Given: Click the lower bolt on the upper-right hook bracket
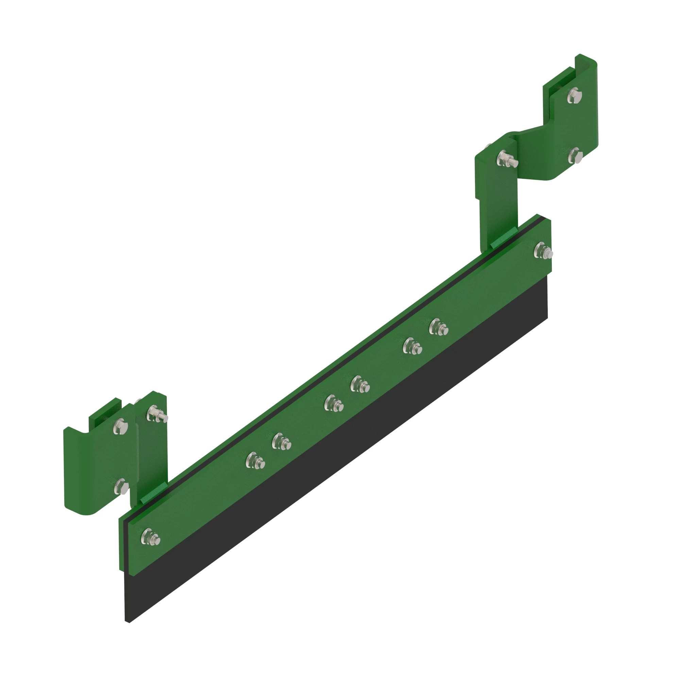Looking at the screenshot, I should (x=575, y=155).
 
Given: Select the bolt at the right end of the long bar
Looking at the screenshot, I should (x=542, y=251).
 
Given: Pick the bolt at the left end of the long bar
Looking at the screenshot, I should (x=150, y=537).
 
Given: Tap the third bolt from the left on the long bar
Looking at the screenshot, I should (x=281, y=441).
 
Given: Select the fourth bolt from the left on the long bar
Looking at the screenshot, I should (x=333, y=403).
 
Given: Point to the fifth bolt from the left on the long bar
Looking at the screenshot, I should (x=359, y=384).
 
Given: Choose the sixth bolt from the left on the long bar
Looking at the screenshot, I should (x=411, y=346).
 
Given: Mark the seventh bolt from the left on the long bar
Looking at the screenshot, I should (x=438, y=327).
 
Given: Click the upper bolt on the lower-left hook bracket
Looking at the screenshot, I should (x=120, y=427).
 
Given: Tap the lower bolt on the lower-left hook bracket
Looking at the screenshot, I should (x=121, y=487).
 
